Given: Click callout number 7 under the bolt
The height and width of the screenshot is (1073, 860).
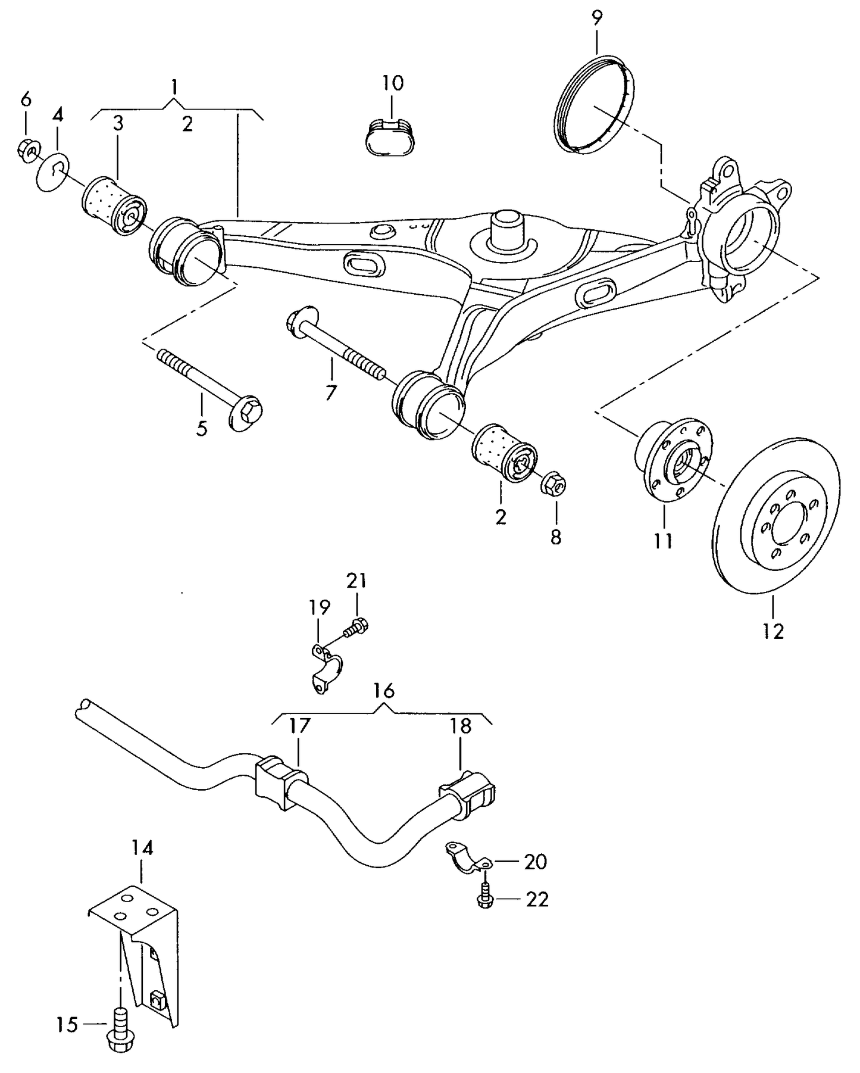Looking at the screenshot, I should tap(330, 392).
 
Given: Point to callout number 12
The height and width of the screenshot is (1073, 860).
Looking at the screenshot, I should tap(773, 631).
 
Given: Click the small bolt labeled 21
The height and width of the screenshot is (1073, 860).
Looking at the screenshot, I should tap(358, 626).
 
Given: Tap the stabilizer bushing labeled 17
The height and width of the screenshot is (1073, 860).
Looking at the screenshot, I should tap(277, 782).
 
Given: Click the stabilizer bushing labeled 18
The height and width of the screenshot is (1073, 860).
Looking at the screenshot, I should tap(471, 794).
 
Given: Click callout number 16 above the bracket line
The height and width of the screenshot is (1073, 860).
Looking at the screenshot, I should tap(384, 691).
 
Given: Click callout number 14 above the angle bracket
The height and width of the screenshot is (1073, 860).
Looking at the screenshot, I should tap(142, 848).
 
